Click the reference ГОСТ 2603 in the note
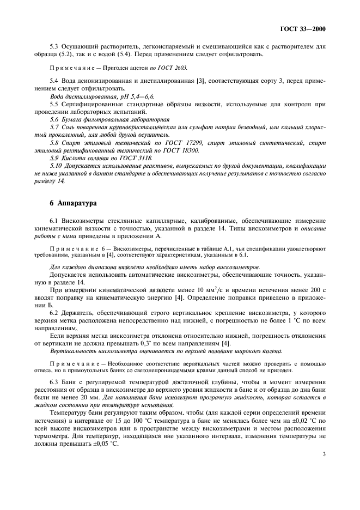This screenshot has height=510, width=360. (x=173, y=68)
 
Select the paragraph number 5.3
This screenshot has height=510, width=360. (x=54, y=47)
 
